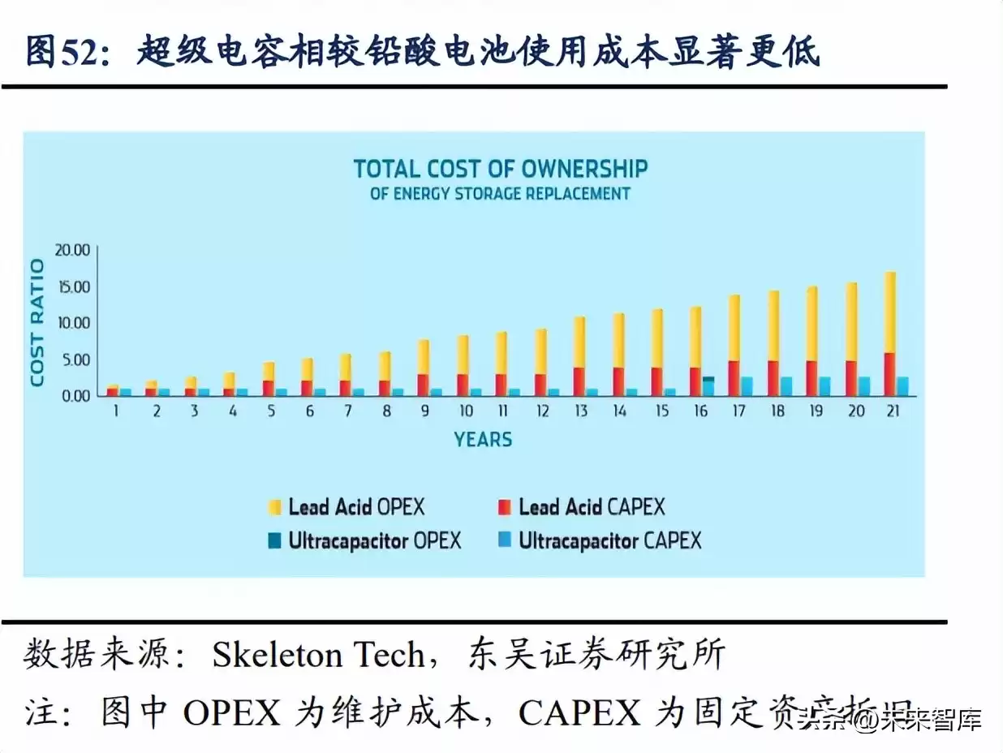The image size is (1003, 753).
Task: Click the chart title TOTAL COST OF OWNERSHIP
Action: [501, 169]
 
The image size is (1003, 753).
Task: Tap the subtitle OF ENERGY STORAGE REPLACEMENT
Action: [500, 194]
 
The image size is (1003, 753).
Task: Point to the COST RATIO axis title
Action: [37, 322]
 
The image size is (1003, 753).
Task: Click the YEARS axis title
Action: [483, 440]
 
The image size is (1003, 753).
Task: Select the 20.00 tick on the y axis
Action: [72, 250]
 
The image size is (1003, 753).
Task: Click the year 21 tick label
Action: [893, 411]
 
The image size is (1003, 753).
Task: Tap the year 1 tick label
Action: [117, 411]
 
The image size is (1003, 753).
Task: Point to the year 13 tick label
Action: [581, 411]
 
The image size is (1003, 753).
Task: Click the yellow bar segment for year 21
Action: [889, 312]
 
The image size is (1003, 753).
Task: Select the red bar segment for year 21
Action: [889, 374]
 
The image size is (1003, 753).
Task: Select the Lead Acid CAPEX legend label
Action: [592, 508]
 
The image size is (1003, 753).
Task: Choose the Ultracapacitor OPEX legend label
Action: [375, 540]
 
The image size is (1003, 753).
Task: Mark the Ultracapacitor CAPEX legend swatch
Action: [505, 540]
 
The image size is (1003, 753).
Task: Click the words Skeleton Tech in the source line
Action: [318, 654]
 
